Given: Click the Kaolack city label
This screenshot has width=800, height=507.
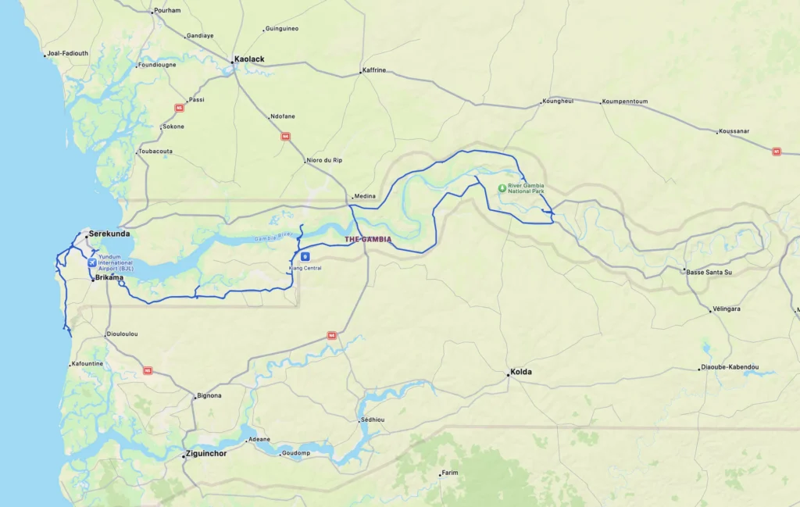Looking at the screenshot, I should click(251, 59).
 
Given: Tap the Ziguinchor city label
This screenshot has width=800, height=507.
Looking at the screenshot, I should click(206, 453).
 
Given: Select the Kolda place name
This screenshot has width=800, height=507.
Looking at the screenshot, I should click(521, 372).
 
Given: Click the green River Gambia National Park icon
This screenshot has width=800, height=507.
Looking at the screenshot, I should click(502, 187).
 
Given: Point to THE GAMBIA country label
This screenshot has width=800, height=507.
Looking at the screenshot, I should click(368, 239).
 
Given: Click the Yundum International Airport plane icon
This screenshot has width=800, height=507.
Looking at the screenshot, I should click(92, 262).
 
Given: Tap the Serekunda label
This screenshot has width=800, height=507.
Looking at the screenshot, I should click(109, 234).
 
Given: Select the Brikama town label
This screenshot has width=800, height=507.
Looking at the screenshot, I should click(109, 277).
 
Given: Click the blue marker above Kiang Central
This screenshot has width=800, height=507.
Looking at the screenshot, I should click(305, 256).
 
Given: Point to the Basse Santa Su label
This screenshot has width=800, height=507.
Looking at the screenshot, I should click(709, 272).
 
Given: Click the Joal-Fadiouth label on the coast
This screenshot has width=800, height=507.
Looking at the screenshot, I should click(68, 54).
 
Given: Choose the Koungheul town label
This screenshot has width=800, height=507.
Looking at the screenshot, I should click(559, 101).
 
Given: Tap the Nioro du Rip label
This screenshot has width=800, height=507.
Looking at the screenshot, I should click(326, 160).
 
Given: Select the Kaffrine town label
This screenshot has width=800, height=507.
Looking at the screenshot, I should click(375, 70).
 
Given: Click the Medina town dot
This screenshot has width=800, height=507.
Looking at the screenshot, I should click(351, 197).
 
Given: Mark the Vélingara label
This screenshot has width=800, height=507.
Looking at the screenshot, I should click(727, 309).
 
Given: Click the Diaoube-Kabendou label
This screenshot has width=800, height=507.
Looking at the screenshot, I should click(730, 367).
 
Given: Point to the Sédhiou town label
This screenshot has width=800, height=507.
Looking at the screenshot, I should click(373, 420).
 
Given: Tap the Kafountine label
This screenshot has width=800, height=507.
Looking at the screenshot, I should click(88, 364).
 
